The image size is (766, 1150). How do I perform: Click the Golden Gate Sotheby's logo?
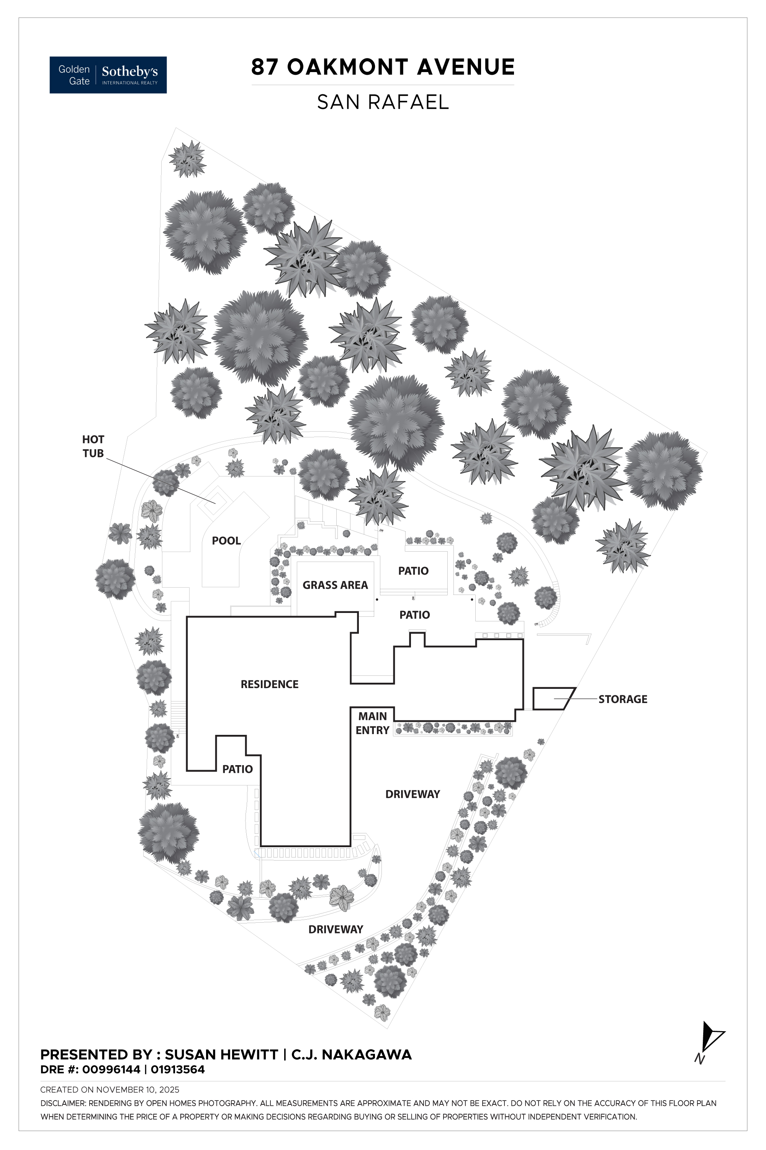(108, 75)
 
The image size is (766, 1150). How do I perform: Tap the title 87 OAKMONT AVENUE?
(383, 67)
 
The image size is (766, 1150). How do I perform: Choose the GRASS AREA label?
(335, 585)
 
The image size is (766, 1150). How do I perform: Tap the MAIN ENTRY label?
(372, 723)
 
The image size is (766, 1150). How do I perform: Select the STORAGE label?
(622, 699)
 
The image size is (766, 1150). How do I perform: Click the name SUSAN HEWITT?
(221, 1055)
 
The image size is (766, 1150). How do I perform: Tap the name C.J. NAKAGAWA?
(351, 1055)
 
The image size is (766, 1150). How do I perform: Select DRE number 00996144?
(111, 1069)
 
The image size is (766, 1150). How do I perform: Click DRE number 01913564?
(177, 1069)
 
